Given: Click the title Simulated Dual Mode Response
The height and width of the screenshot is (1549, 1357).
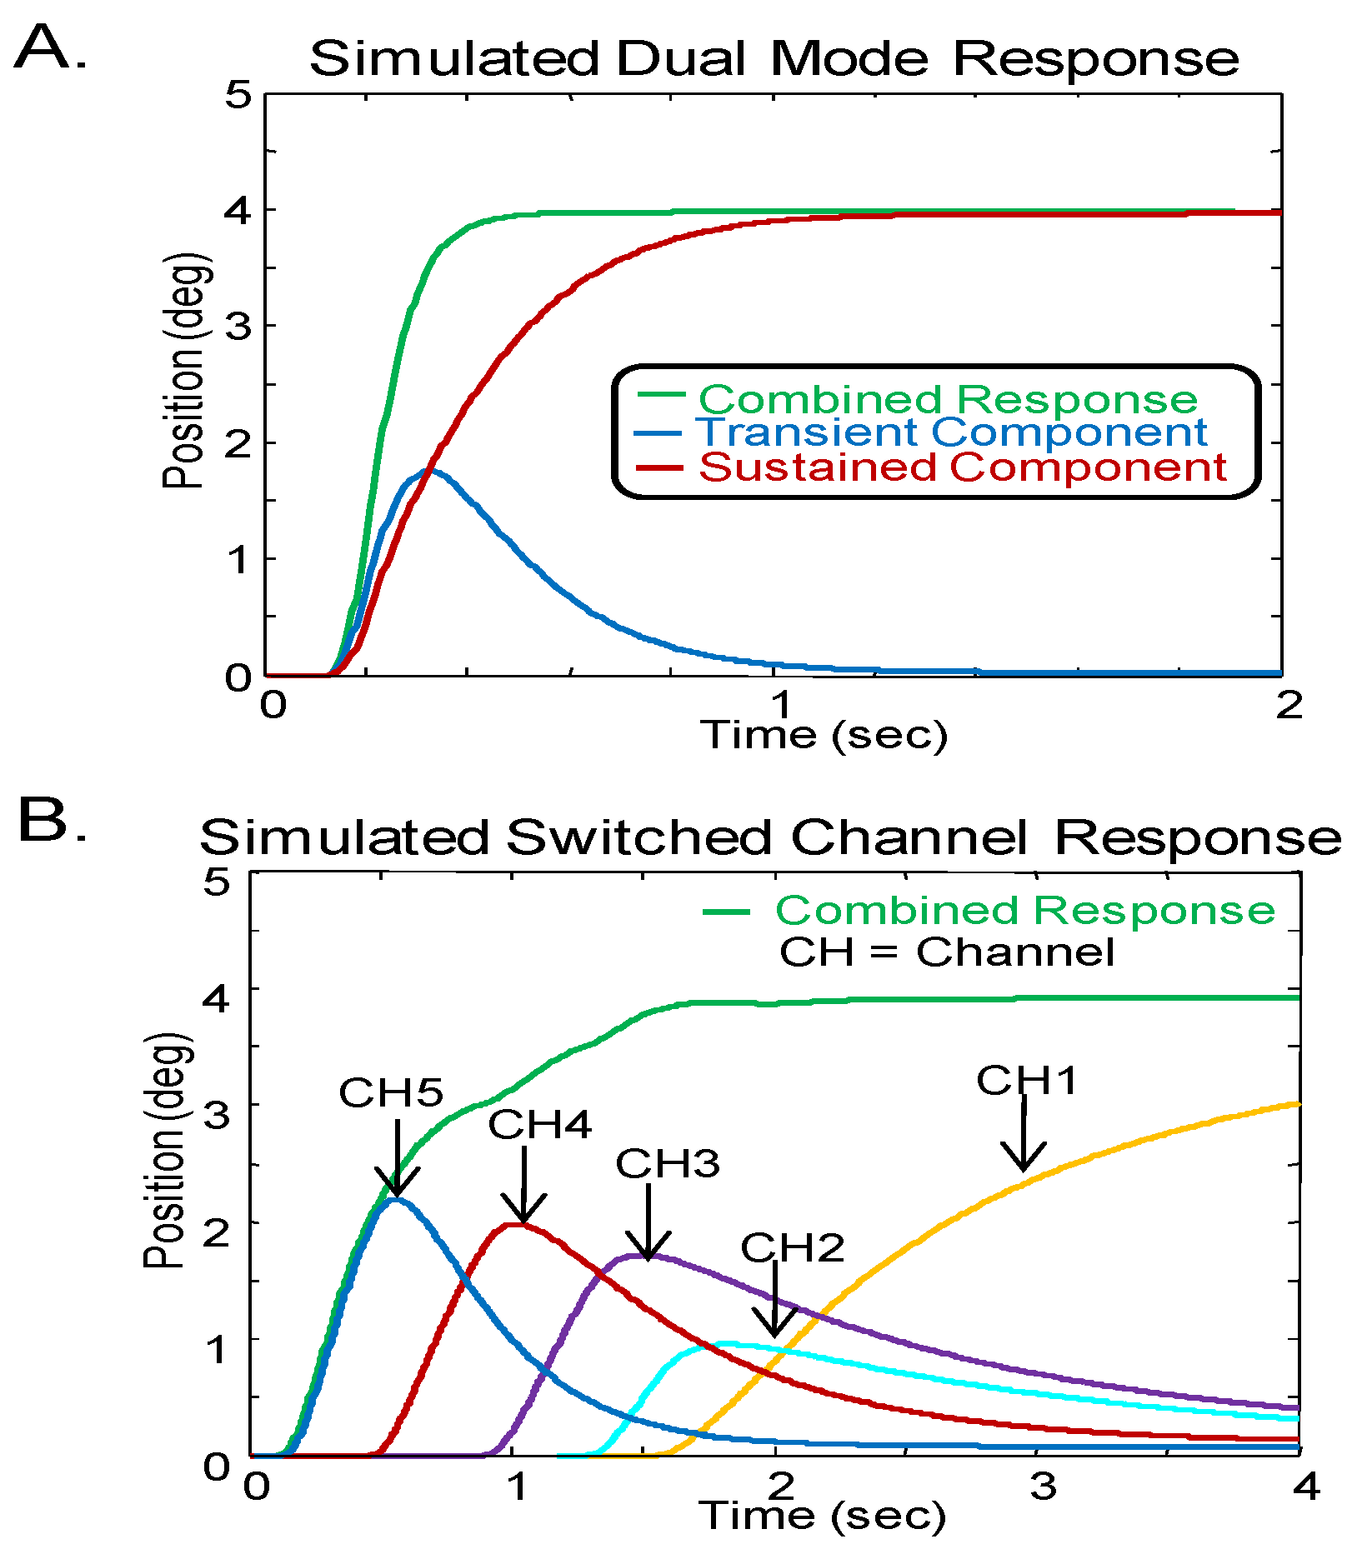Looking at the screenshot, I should [x=774, y=58].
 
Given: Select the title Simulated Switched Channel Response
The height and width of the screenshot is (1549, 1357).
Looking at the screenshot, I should [x=770, y=837].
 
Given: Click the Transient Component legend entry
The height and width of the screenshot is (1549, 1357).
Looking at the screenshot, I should [x=951, y=432].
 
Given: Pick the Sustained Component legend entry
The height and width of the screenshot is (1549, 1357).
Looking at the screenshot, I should [x=963, y=467].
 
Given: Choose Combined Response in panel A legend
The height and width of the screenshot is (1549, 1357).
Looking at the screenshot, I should [x=948, y=399].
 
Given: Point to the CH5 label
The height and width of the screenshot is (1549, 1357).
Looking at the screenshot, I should [x=390, y=1092].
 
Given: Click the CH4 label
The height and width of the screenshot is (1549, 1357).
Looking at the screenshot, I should [x=539, y=1125].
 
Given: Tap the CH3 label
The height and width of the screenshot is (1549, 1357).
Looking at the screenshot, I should [x=667, y=1164].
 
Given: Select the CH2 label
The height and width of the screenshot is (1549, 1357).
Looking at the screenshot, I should [x=792, y=1247].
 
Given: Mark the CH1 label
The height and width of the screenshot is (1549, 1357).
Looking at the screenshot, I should [x=1027, y=1081].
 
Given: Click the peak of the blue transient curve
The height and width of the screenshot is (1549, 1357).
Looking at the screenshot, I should [x=430, y=472].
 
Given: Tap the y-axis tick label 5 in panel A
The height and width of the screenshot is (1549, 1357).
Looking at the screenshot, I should [x=238, y=95].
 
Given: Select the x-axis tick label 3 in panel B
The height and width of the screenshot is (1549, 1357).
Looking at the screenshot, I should [x=1043, y=1485].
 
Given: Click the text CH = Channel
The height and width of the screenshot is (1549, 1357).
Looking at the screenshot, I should [x=946, y=952].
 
